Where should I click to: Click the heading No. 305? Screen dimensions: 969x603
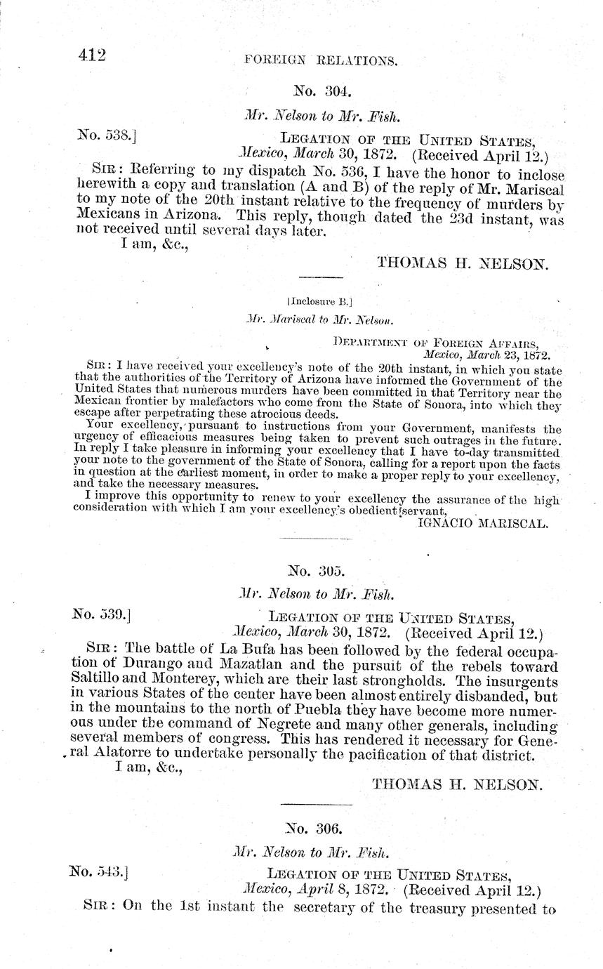[x=317, y=571]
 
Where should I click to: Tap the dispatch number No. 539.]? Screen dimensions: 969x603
[x=102, y=614]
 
